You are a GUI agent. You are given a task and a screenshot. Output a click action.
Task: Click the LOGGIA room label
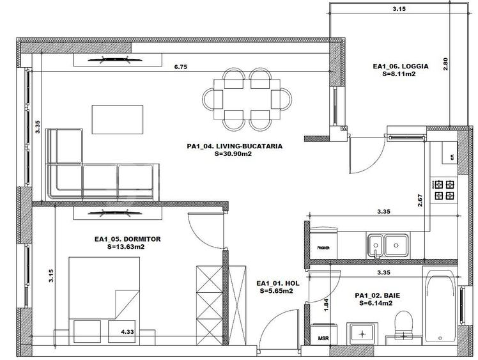click(x=400, y=70)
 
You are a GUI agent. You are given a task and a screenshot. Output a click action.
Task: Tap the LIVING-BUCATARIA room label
click(x=235, y=150)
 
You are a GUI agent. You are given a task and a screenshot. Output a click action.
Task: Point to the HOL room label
click(x=277, y=286)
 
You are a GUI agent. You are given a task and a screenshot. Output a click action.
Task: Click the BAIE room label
click(x=377, y=300)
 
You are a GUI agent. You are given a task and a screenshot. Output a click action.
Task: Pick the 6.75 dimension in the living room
click(x=183, y=66)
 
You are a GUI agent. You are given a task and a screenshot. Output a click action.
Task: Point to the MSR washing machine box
click(x=319, y=335)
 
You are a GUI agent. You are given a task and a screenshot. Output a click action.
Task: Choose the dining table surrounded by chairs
click(x=247, y=98)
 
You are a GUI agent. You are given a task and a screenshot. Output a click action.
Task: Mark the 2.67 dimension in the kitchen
click(x=420, y=201)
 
